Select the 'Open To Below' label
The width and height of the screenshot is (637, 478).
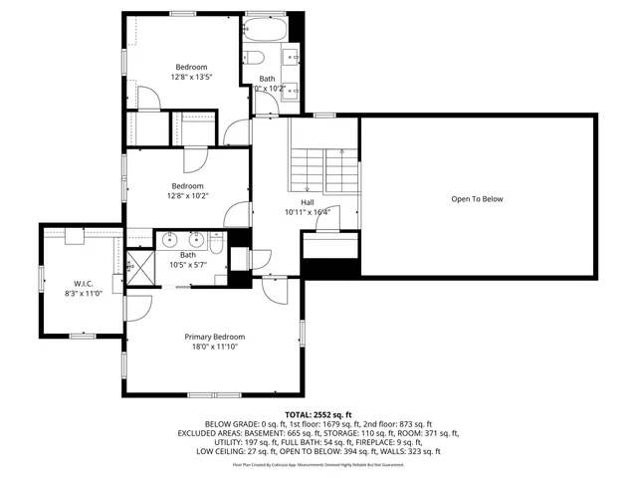point(477,199)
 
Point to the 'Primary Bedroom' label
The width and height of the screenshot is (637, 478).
point(214,337)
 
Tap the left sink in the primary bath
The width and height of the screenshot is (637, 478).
point(170,239)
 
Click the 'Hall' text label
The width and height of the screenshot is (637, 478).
point(308,201)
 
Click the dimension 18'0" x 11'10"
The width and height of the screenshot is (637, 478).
point(214,347)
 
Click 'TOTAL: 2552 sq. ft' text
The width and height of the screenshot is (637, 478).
point(318,414)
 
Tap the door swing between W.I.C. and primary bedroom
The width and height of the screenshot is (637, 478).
point(136,306)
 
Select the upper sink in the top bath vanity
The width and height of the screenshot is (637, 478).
point(292,49)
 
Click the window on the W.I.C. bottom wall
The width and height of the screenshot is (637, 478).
point(82,336)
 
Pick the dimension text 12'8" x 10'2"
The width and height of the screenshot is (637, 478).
point(187,196)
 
